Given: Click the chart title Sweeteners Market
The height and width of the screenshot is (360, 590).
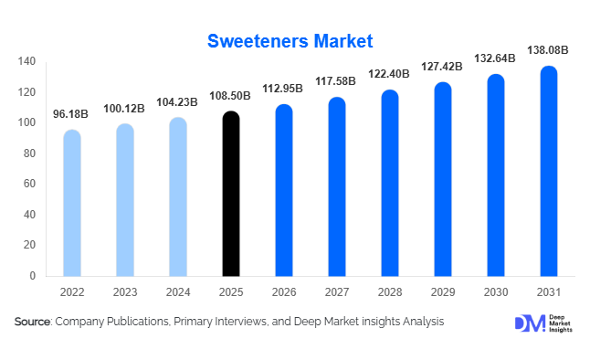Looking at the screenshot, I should tap(290, 41).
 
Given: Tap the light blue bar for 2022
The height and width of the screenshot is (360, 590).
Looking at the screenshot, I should tap(71, 203).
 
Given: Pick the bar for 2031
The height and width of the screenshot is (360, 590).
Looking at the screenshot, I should tap(549, 171).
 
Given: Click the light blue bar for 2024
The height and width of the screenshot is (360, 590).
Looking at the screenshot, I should tap(178, 196).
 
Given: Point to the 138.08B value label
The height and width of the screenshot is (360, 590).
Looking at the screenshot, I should tap(548, 49).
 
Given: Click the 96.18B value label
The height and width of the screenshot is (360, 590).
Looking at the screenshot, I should tap(71, 114).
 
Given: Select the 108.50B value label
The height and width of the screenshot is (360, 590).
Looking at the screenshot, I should tap(231, 95).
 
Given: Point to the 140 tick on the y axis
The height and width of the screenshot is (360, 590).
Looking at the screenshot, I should tap(26, 62).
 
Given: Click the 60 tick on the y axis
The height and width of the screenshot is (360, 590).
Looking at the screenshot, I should tap(29, 184).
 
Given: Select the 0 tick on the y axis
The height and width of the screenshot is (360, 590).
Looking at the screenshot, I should tap(32, 276).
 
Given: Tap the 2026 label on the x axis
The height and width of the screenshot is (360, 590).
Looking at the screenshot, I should tap(284, 292).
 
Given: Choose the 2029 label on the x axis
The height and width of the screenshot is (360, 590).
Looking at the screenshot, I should tap(442, 292).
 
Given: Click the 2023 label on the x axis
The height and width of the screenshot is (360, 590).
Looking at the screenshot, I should tap(125, 292).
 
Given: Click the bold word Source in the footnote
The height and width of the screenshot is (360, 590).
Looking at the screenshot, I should tap(32, 322).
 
